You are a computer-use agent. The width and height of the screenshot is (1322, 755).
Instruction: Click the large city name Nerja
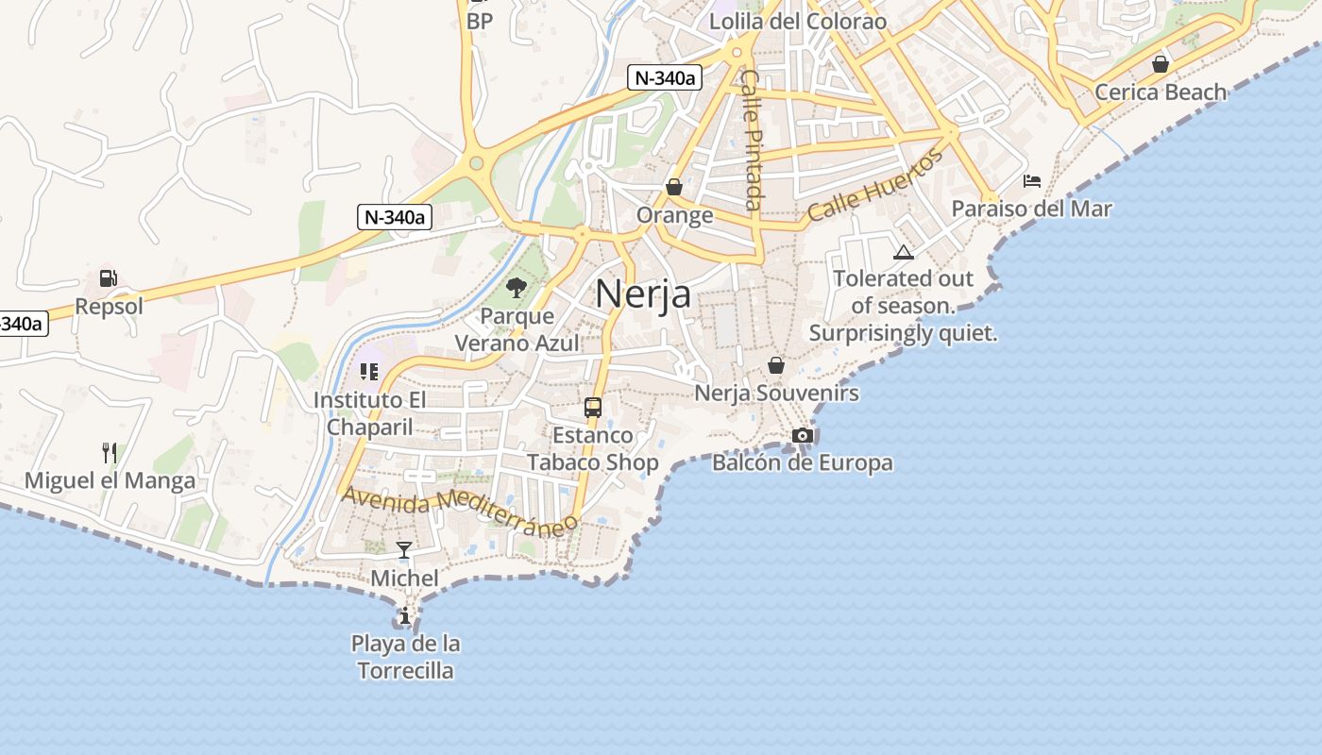click(x=643, y=295)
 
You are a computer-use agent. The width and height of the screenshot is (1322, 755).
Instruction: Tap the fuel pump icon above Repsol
click(x=109, y=278)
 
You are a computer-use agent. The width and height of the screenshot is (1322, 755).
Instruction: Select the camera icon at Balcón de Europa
click(x=803, y=435)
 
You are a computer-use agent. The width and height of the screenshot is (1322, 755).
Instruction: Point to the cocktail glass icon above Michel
click(x=404, y=550)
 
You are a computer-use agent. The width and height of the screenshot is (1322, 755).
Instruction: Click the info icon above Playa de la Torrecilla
click(x=405, y=616)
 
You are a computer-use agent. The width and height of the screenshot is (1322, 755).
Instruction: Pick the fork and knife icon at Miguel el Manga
click(x=110, y=453)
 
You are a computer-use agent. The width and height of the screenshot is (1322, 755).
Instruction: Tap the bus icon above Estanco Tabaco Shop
click(x=593, y=408)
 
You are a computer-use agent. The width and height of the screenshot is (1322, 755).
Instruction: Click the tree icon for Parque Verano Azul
click(x=517, y=288)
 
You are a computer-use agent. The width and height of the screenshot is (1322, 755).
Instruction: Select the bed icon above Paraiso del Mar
click(x=1032, y=181)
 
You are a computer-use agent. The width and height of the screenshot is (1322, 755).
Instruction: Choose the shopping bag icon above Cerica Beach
click(x=1161, y=64)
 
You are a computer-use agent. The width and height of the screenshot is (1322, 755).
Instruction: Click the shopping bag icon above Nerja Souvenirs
click(x=776, y=365)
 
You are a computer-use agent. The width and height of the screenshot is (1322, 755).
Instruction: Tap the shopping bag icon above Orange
click(x=674, y=187)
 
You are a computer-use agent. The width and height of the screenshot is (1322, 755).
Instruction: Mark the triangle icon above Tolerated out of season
click(x=904, y=252)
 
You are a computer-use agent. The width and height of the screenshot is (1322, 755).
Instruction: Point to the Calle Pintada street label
click(x=752, y=140)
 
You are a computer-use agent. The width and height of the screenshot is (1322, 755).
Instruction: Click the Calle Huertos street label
click(x=875, y=185)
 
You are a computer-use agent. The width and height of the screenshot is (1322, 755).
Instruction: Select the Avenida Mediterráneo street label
click(x=460, y=511)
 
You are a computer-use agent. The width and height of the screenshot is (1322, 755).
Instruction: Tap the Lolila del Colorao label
click(x=798, y=21)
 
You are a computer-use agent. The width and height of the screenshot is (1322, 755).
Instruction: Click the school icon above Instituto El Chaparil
click(x=369, y=372)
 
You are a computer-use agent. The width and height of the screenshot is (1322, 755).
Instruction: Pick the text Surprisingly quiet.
click(x=903, y=333)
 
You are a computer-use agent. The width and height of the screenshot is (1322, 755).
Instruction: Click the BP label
click(x=480, y=20)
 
